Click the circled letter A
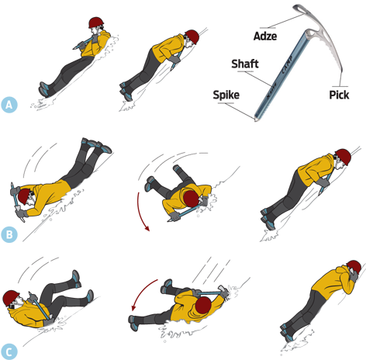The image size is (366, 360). [9, 104]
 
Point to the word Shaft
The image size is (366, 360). [244, 64]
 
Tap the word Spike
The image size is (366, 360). [226, 94]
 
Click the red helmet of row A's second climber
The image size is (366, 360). [192, 36]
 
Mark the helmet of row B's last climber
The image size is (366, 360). [342, 156]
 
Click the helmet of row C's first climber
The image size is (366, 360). [10, 298]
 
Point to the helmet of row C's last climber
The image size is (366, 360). [352, 268]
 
